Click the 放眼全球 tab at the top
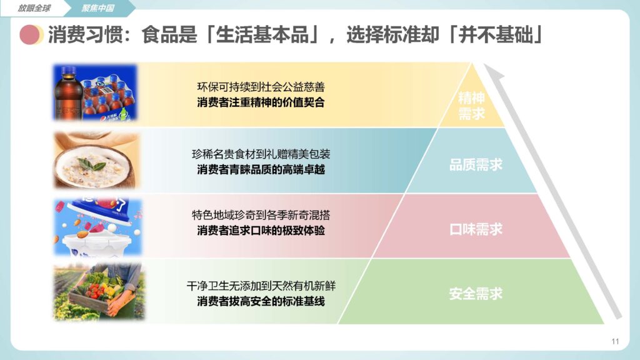34,8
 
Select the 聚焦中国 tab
97,8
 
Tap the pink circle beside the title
31,35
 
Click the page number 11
615,341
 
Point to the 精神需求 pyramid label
471,106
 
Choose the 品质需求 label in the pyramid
476,164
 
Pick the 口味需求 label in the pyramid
476,229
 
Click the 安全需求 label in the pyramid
476,294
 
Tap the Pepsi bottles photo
96,92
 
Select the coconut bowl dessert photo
97,161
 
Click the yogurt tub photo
98,227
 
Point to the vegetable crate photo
99,291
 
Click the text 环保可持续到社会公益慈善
261,87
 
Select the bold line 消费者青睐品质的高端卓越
261,169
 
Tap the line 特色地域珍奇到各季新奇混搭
261,215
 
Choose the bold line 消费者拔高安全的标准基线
261,302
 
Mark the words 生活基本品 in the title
262,35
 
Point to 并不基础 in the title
496,35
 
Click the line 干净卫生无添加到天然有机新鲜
261,286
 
